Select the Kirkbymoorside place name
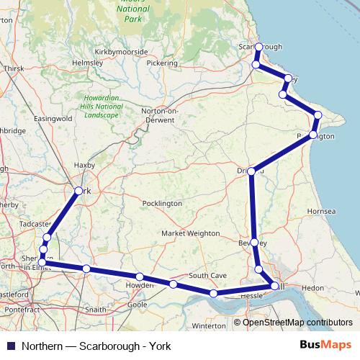coord(120,52)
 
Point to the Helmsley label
coord(89,63)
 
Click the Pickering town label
coord(161,63)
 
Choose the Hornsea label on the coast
coord(321,212)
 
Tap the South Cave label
coord(207,276)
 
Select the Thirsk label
coord(14,68)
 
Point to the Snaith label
coord(96,309)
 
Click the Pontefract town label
coord(22,309)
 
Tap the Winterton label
coord(210,325)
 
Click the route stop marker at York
coord(78,191)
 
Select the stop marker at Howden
coord(139,277)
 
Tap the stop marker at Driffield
coord(251,171)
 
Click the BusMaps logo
coord(326,346)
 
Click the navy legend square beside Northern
coord(10,346)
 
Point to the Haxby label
coord(85,165)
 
